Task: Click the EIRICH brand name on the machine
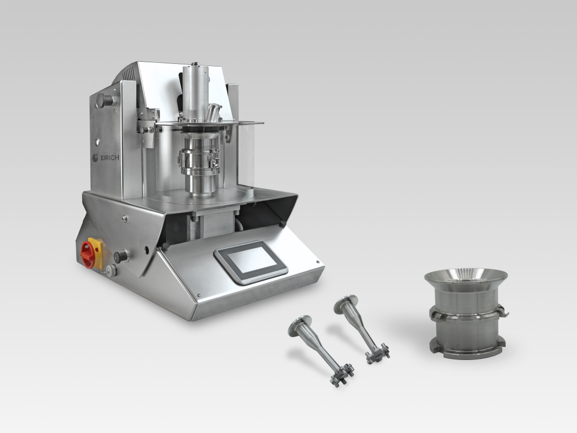[110, 158]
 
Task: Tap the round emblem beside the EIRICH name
[95, 157]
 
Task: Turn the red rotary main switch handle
[88, 254]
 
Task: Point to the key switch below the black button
[110, 271]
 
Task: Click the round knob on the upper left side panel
[103, 100]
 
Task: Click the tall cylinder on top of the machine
[195, 90]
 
